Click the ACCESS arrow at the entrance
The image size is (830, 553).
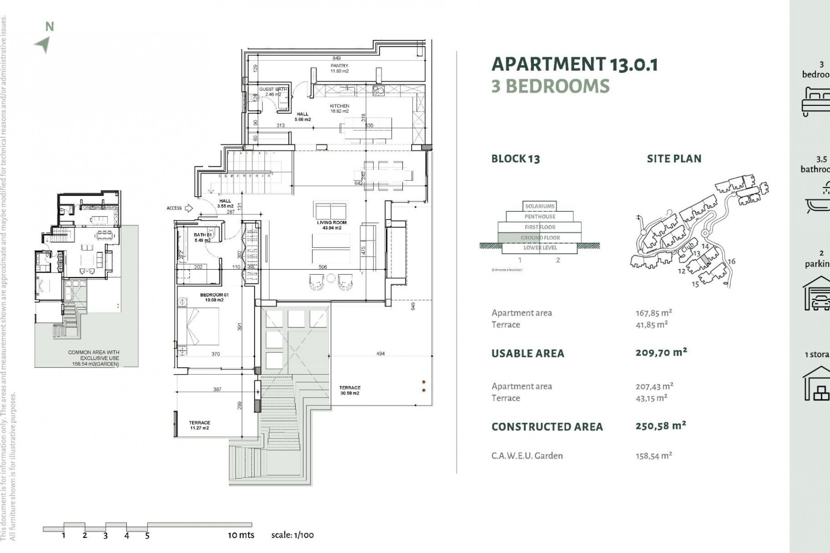tap(188, 208)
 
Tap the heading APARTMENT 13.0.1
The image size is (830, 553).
tap(575, 64)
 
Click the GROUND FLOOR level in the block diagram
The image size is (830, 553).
tap(540, 238)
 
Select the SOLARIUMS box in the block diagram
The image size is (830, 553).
tap(540, 207)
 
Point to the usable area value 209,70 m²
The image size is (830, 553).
tap(661, 353)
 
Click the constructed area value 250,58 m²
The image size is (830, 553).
tap(661, 426)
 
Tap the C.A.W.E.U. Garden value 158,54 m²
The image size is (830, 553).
tap(654, 455)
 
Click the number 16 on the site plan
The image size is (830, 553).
tap(731, 261)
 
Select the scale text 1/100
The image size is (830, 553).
tap(292, 535)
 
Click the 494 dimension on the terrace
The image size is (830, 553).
tap(380, 353)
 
